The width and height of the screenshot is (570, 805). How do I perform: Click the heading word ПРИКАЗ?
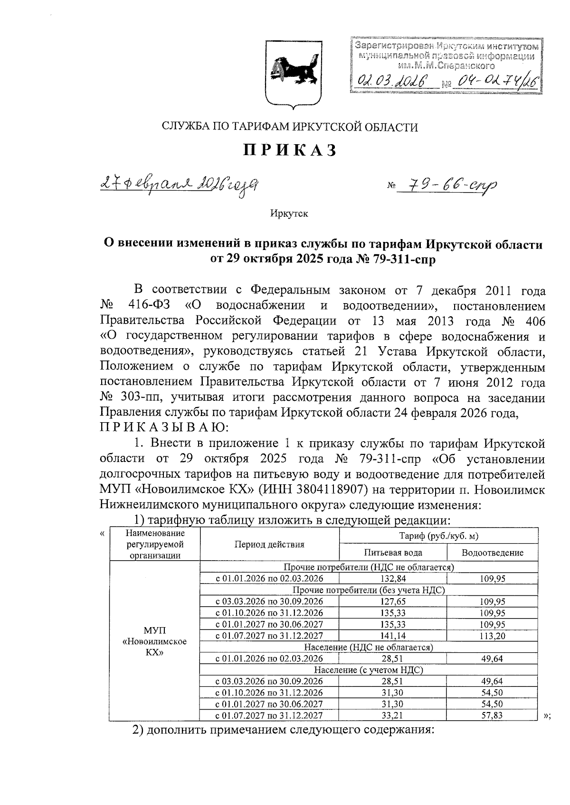pos(290,150)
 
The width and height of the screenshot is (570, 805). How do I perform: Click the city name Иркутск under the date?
pos(289,213)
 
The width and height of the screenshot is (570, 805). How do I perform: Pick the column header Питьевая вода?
pos(393,552)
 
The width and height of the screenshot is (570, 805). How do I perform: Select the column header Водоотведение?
pos(492,552)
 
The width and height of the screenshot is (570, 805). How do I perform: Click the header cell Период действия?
pos(269,544)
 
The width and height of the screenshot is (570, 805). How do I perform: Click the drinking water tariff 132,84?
pos(393,578)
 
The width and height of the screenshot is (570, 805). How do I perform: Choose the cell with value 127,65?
pos(393,601)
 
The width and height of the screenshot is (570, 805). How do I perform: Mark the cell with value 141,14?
pos(393,636)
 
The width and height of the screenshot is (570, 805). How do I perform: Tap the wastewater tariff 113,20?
pos(492,636)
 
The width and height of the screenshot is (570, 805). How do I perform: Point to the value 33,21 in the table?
pos(393,715)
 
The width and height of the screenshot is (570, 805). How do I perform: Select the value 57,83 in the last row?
pos(492,715)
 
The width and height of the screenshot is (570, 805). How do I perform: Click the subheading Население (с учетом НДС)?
pos(368,670)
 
